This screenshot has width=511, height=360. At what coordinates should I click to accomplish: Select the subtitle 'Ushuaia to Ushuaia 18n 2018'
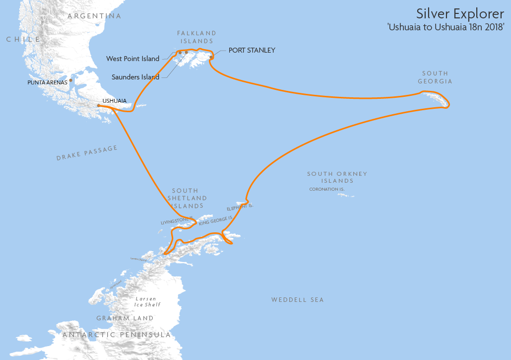[446, 27]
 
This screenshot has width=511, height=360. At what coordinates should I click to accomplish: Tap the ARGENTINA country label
[94, 16]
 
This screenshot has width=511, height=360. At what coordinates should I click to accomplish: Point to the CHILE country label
[23, 39]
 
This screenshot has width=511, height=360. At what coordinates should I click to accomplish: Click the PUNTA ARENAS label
[47, 82]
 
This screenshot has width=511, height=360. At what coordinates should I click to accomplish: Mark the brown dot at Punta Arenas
[71, 80]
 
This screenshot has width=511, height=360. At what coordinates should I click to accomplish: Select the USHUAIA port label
[115, 101]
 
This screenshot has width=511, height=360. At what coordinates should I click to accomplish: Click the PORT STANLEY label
[252, 50]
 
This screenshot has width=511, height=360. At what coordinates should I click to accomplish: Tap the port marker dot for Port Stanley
[211, 57]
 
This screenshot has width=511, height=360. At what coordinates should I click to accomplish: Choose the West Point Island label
[133, 59]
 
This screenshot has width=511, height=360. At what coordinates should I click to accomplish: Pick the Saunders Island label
[135, 77]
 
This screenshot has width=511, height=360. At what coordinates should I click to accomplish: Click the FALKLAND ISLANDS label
[197, 37]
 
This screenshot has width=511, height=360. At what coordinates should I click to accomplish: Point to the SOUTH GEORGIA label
[435, 77]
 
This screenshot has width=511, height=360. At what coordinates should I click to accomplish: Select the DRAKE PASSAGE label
[87, 153]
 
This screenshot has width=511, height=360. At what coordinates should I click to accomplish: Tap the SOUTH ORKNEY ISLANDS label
[337, 177]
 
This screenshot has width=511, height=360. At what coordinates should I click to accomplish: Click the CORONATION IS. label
[327, 189]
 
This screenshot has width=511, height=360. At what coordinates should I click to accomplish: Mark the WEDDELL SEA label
[298, 300]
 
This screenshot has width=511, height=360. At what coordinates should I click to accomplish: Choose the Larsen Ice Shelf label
[148, 301]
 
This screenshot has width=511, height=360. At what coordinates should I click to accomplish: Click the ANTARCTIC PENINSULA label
[117, 335]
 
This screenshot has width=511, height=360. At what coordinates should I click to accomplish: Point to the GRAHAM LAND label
[125, 318]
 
